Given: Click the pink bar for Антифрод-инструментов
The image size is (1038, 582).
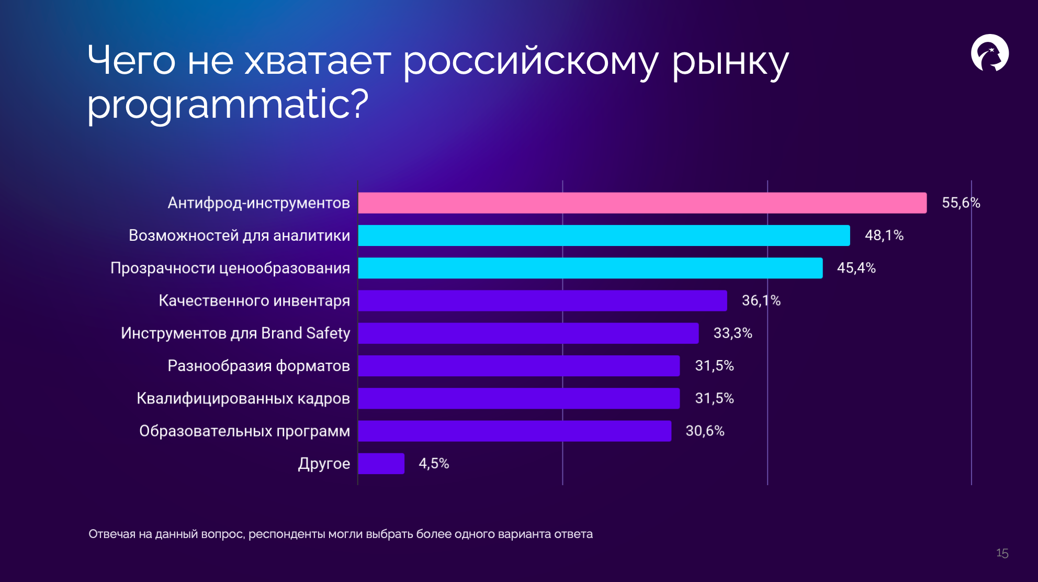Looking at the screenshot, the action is coord(642,203).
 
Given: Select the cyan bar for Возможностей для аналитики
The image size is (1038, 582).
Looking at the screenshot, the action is coord(604,236).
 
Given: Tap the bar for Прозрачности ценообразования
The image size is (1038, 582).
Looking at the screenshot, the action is coord(591,268).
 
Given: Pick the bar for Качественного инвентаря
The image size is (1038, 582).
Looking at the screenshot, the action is coord(543,300).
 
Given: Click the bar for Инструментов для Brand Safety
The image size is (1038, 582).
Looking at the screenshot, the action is coord(528,333).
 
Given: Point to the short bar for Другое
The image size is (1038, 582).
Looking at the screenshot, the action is coord(381,464).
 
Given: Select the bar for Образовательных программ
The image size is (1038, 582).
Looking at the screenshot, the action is coord(515,431).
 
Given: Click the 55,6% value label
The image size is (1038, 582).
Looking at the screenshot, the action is coord(961,203).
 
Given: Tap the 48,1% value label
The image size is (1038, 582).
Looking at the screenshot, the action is coord(884,236).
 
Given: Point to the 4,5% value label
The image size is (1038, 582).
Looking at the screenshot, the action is coord(434,464).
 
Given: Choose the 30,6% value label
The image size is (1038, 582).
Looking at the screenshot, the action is coord(705,431).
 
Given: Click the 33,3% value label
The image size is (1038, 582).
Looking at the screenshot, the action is coord(733,333).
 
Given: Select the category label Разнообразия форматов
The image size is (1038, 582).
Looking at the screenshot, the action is coord(258,366).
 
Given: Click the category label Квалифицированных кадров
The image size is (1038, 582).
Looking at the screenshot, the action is coord(243,399).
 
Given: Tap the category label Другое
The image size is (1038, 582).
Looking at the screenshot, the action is coord(324,464).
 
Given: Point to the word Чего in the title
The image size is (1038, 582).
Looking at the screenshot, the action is coord(131,61).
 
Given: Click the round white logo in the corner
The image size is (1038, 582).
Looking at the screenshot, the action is coord(990,53).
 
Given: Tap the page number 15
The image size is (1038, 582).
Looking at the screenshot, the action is coord(1002,553).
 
